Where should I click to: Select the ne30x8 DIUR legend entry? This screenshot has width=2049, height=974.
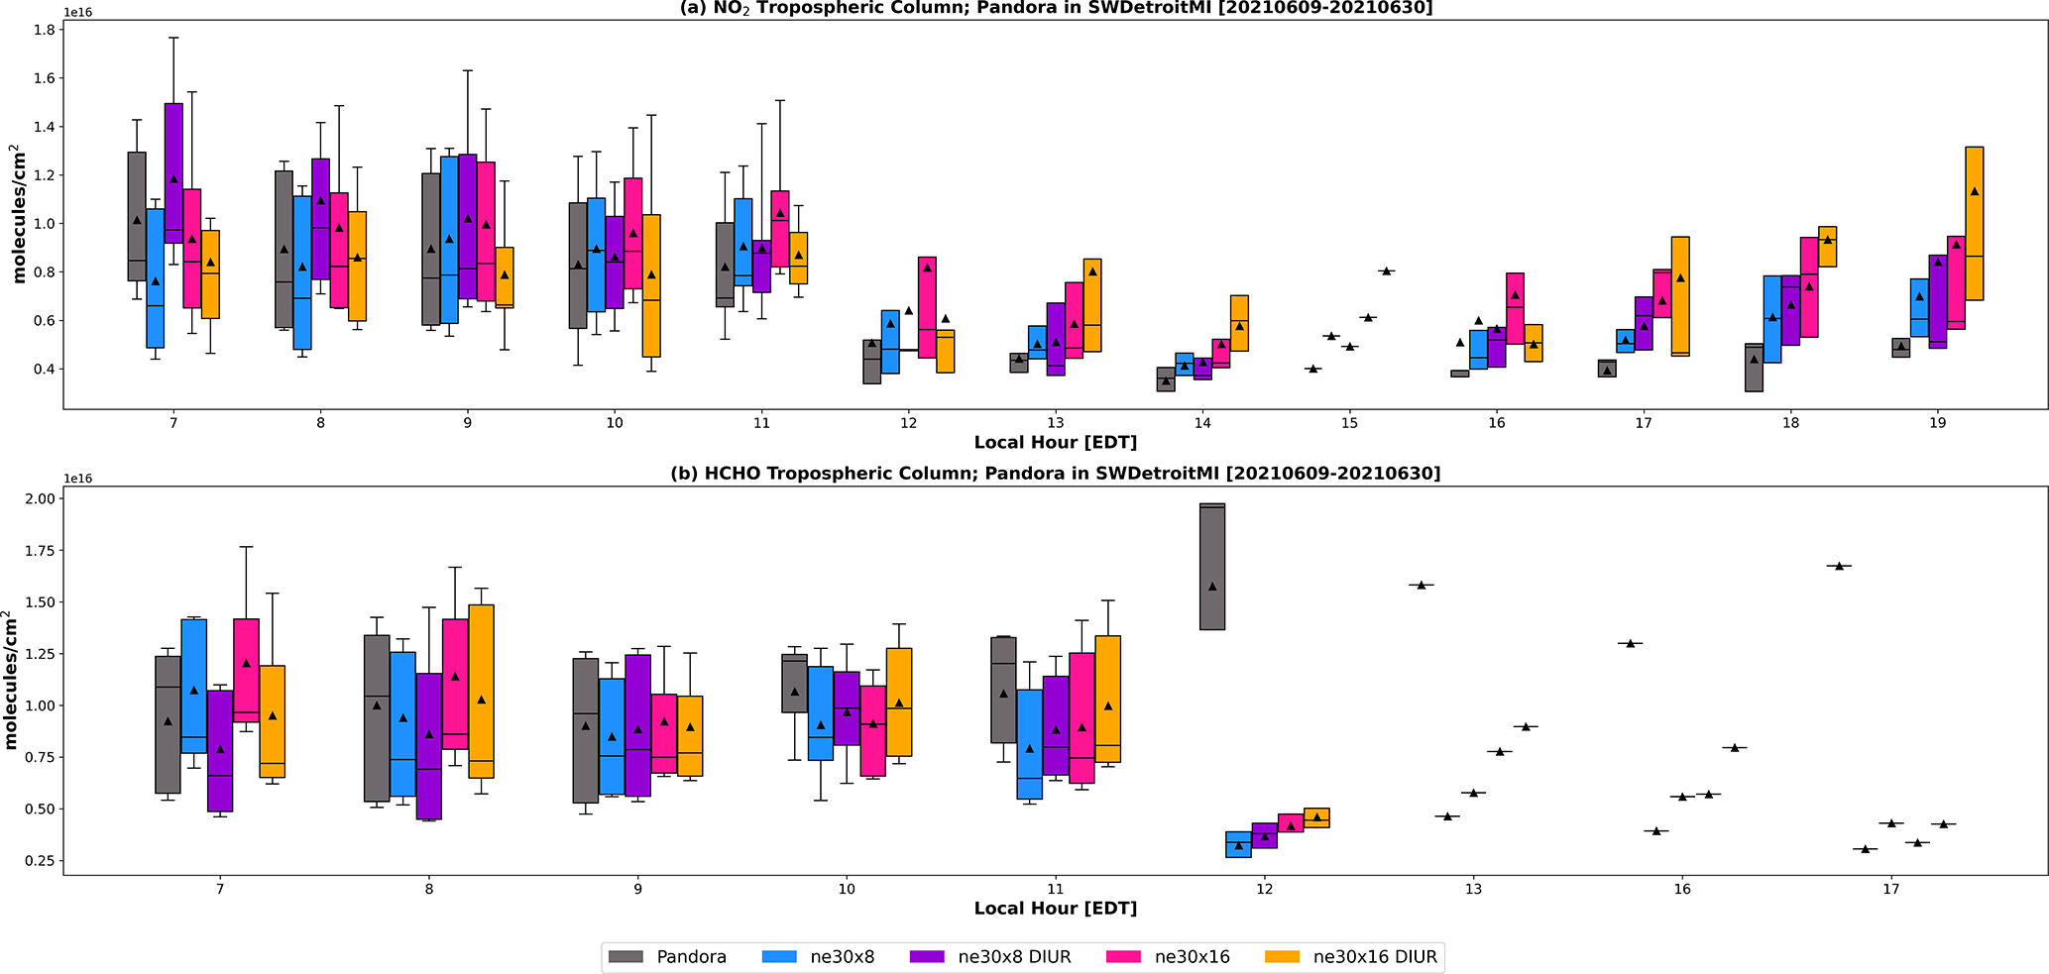(x=1013, y=957)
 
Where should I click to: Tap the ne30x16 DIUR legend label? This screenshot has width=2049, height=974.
(x=1374, y=957)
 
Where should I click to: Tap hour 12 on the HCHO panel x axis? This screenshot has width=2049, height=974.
(x=1264, y=890)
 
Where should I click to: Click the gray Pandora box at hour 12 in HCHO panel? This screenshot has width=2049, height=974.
(x=1211, y=567)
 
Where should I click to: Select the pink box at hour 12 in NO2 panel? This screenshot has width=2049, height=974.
(x=927, y=307)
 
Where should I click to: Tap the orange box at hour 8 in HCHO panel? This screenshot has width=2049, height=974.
(x=481, y=691)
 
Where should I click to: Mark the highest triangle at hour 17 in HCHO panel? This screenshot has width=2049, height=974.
(x=1839, y=566)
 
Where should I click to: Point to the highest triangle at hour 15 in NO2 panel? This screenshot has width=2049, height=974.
(x=1386, y=271)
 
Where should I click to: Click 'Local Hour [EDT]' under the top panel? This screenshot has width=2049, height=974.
(x=1055, y=442)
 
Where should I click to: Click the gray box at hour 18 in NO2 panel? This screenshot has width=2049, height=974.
(x=1754, y=368)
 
